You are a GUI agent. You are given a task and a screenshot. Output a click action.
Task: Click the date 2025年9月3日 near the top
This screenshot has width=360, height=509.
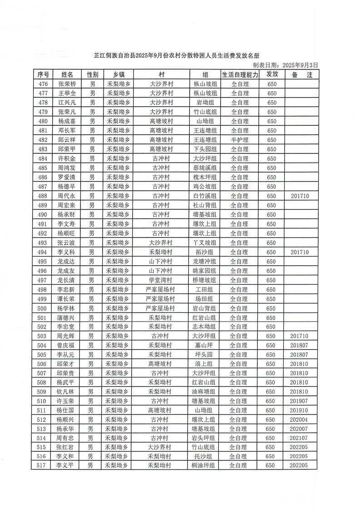coord(300,65)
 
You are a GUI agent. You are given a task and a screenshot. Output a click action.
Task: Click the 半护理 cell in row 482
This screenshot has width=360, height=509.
coord(239,140)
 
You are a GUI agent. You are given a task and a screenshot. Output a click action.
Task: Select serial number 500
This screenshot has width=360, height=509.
coord(43,308)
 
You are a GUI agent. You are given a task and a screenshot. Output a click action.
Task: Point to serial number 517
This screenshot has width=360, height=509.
coord(42,465)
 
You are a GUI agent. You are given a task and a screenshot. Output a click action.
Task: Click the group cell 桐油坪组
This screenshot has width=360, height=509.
coord(204,465)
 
